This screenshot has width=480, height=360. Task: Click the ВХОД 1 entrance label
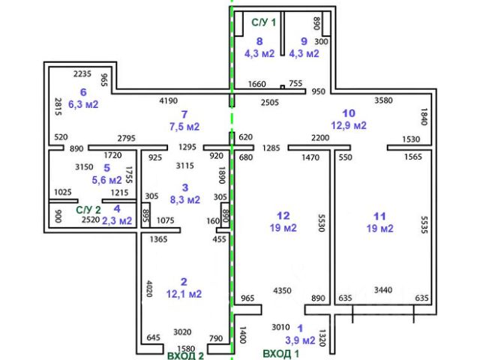pos(280,352)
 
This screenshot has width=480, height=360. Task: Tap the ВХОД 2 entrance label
pos(185,355)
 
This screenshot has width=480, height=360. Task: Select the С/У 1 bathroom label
pos(263,22)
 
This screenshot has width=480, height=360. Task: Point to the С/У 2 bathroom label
pos(88,210)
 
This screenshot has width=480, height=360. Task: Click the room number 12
pos(282,215)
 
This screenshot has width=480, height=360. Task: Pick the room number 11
pos(379,215)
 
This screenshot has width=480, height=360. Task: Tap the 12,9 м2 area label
pos(349,125)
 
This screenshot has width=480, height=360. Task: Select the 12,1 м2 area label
pos(184,294)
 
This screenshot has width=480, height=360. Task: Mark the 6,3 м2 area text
pos(83,104)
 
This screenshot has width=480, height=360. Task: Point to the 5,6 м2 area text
pos(106,180)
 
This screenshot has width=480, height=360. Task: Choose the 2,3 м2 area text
pos(116,220)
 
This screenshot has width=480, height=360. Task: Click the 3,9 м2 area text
pos(301,340)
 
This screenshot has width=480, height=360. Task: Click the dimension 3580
pos(383,100)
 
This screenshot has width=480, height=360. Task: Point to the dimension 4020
pos(148,289)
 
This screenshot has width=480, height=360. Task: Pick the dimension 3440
pos(382,289)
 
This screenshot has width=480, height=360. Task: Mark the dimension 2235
pos(82,74)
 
